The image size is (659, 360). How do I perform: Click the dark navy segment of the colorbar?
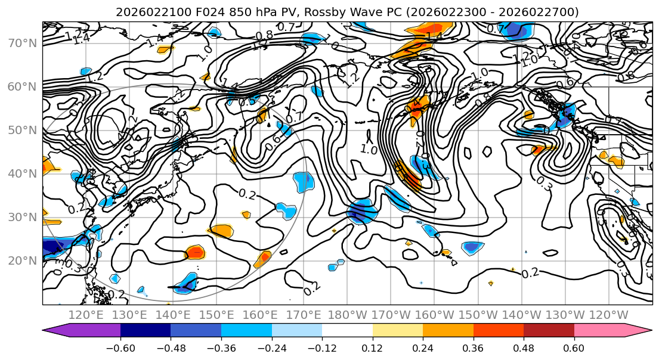point(146,331)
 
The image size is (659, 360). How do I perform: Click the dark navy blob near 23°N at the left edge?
point(54,247)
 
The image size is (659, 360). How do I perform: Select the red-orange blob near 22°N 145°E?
point(195,252)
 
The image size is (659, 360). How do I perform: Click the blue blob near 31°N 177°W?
point(361,212)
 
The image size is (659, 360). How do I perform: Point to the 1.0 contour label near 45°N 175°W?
point(370,150)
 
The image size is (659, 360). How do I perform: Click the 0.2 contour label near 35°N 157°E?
point(248,194)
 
